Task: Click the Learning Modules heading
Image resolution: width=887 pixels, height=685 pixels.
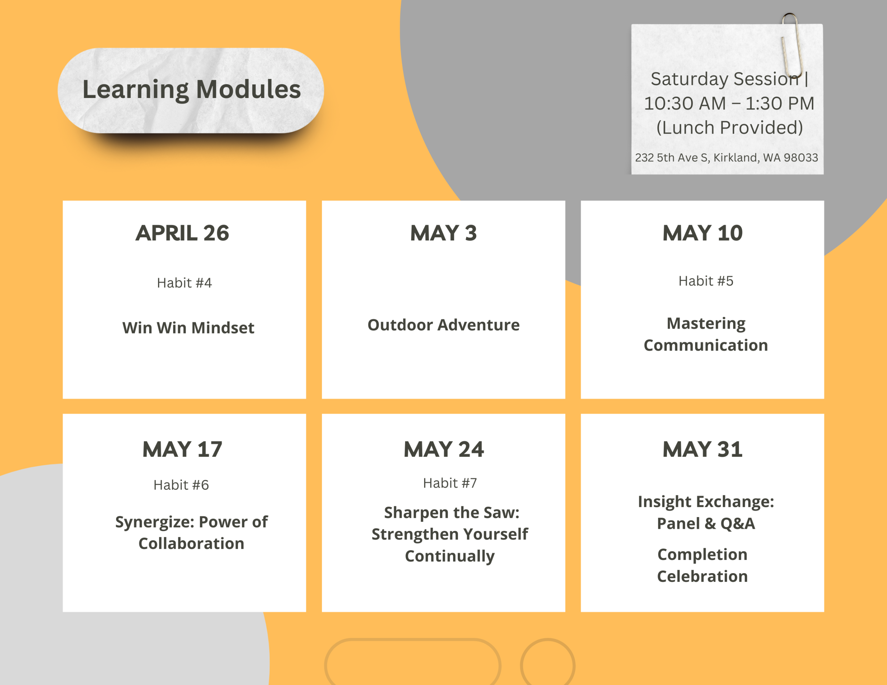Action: [192, 90]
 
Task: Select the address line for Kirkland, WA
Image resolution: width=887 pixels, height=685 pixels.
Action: [727, 158]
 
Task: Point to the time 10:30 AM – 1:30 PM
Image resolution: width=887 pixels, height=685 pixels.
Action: [729, 103]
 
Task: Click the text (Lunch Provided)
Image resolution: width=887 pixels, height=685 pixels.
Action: [730, 127]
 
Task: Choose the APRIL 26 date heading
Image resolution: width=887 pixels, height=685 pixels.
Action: [182, 233]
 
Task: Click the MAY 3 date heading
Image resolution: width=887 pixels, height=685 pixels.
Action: [443, 233]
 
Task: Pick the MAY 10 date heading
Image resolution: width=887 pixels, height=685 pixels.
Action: [703, 233]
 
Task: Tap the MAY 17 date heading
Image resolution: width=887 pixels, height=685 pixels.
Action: [182, 450]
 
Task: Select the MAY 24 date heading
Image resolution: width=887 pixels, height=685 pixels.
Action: [443, 450]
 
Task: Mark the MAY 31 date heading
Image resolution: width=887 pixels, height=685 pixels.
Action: [703, 450]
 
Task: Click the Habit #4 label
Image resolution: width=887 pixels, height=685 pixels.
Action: [184, 283]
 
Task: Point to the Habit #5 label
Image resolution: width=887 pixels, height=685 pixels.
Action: [706, 281]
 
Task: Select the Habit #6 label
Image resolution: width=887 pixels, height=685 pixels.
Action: [181, 485]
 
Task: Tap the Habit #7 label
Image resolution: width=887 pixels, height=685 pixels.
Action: [450, 483]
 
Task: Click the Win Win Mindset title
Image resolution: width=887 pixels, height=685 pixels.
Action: [188, 328]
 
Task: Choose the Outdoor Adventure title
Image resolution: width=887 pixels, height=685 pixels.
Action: [443, 325]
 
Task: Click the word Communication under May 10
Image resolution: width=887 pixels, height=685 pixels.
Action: [706, 345]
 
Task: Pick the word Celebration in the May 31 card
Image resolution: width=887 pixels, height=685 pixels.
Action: [703, 576]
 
